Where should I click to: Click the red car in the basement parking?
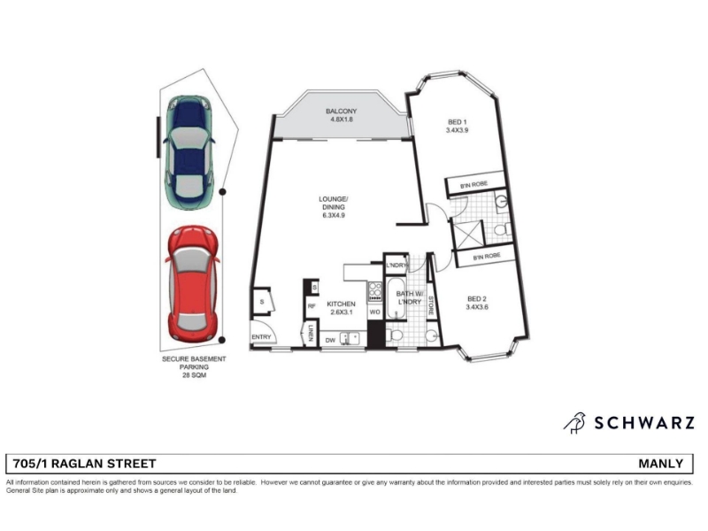pyautogui.click(x=193, y=284)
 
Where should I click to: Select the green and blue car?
pyautogui.click(x=189, y=152)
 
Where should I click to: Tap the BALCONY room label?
pyautogui.click(x=342, y=112)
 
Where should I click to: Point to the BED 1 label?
pyautogui.click(x=457, y=122)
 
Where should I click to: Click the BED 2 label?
pyautogui.click(x=477, y=299)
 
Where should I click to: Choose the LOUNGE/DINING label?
pyautogui.click(x=334, y=203)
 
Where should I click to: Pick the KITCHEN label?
pyautogui.click(x=341, y=304)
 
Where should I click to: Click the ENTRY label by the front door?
pyautogui.click(x=261, y=337)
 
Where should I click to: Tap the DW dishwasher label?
pyautogui.click(x=330, y=340)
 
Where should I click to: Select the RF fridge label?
pyautogui.click(x=312, y=306)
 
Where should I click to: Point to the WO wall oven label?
pyautogui.click(x=374, y=312)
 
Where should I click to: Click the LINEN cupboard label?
pyautogui.click(x=312, y=333)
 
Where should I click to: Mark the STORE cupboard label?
pyautogui.click(x=431, y=305)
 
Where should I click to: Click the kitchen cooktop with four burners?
pyautogui.click(x=374, y=292)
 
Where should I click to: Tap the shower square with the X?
pyautogui.click(x=468, y=235)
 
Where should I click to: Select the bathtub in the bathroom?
pyautogui.click(x=397, y=298)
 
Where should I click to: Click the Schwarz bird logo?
pyautogui.click(x=574, y=423)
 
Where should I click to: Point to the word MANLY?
pyautogui.click(x=660, y=464)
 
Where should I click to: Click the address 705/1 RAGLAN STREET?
pyautogui.click(x=84, y=464)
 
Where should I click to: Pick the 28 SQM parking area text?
pyautogui.click(x=194, y=374)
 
